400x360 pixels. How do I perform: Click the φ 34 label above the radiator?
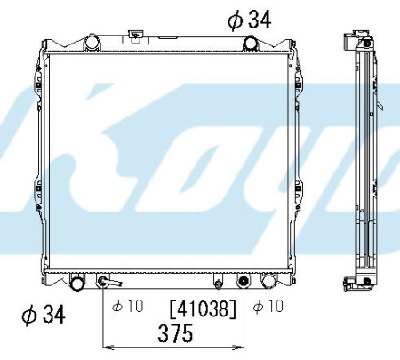(250, 20)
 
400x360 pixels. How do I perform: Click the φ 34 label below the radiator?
(44, 315)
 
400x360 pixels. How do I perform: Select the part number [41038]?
(203, 308)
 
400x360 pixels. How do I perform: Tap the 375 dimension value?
(175, 333)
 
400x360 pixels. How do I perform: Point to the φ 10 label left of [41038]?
(127, 306)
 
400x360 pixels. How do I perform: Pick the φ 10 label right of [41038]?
(268, 306)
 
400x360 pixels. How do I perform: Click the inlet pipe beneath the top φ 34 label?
(251, 44)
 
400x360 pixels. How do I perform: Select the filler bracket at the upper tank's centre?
(135, 36)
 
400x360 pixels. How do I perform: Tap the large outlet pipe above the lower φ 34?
(77, 282)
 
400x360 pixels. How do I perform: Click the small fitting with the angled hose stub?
(108, 281)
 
